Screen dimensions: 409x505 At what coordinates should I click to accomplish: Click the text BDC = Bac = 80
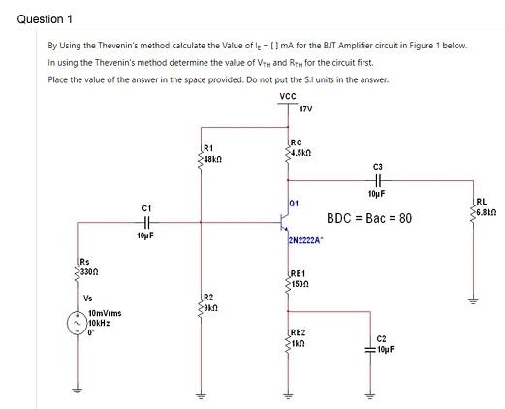tap(368, 219)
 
